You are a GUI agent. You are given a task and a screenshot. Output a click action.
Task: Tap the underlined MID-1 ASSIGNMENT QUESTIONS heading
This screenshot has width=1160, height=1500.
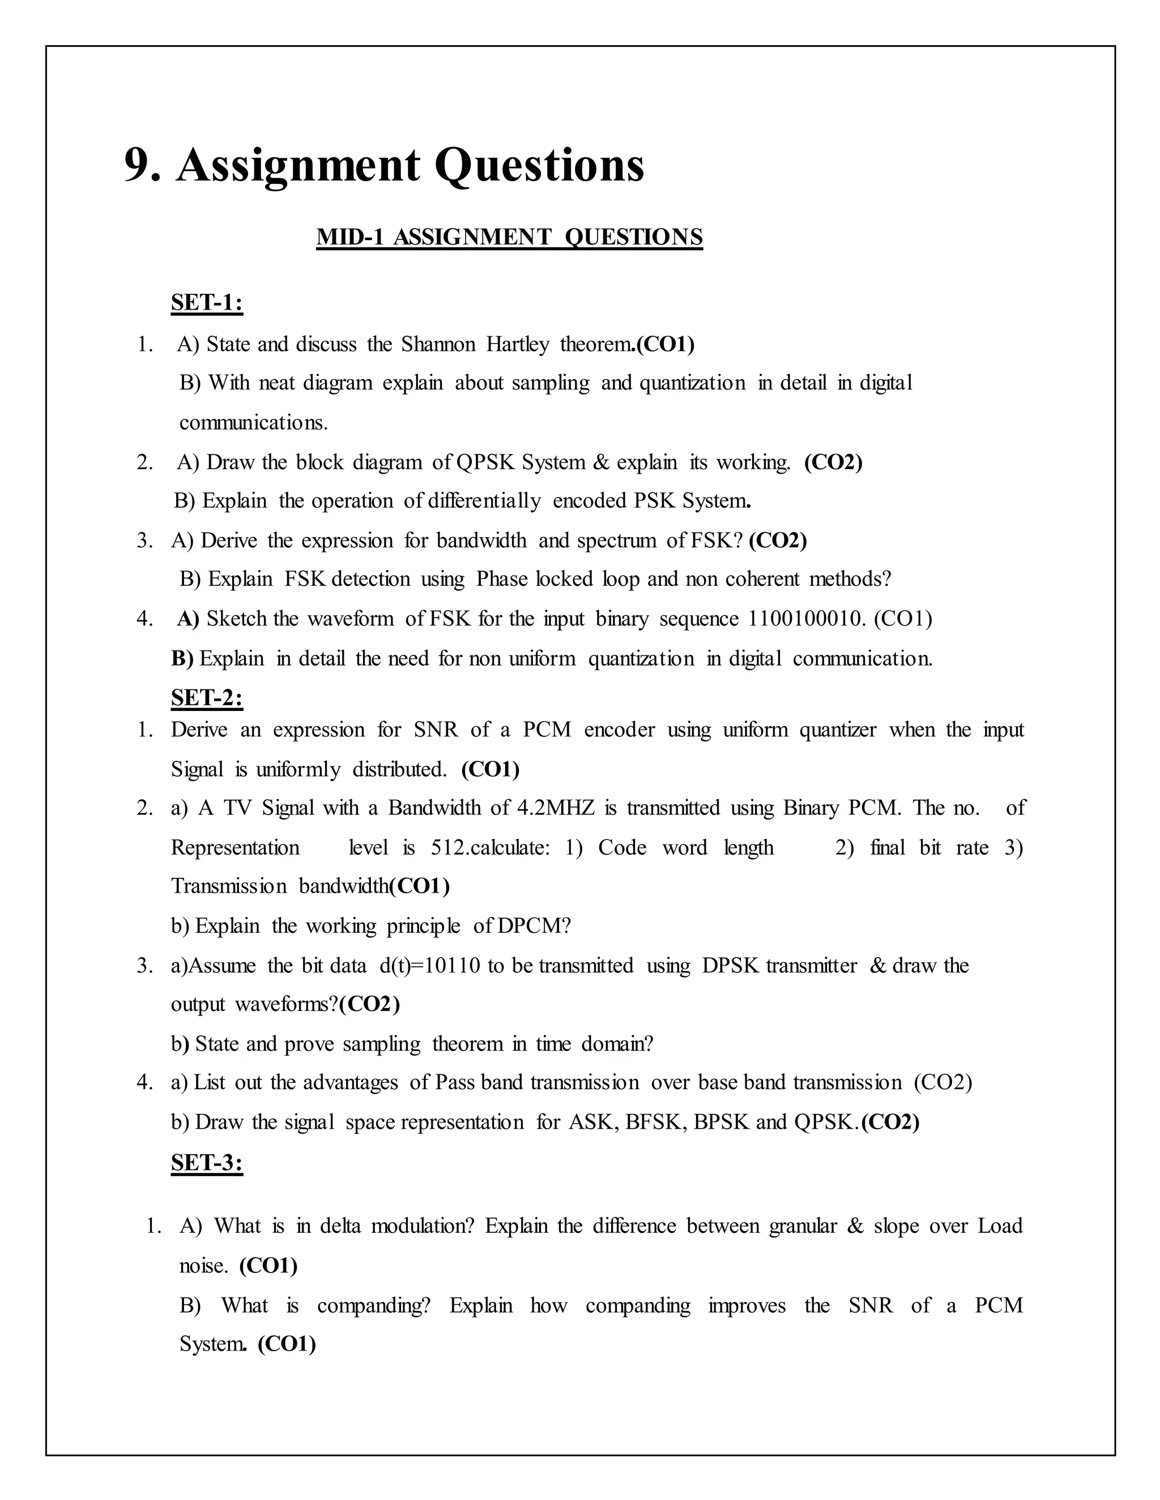pos(509,237)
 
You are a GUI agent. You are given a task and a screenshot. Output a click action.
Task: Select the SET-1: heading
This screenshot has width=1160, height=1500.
pos(207,303)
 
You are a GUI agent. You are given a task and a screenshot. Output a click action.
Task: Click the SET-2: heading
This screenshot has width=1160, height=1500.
pos(207,698)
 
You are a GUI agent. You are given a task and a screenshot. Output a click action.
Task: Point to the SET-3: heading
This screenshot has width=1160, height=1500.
pos(207,1162)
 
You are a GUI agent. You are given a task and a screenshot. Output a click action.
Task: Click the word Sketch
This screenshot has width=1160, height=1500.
pos(236,619)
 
